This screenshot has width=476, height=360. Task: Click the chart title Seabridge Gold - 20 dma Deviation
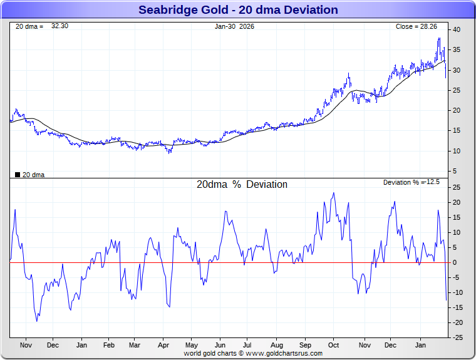pyautogui.click(x=237, y=10)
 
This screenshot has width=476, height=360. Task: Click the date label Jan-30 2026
pyautogui.click(x=234, y=26)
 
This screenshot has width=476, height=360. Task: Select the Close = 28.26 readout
pyautogui.click(x=416, y=26)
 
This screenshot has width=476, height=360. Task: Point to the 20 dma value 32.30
pyautogui.click(x=59, y=26)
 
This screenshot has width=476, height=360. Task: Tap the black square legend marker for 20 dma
pyautogui.click(x=17, y=175)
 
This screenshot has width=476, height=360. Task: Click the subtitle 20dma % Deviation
pyautogui.click(x=242, y=185)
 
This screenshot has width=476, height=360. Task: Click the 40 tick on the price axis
pyautogui.click(x=457, y=29)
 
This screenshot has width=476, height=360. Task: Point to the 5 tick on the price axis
pyautogui.click(x=455, y=171)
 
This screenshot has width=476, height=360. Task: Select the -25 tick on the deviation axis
pyautogui.click(x=458, y=337)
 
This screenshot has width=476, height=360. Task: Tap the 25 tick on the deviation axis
pyautogui.click(x=457, y=187)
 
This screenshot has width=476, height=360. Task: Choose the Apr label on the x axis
pyautogui.click(x=163, y=345)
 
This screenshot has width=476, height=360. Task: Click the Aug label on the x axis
pyautogui.click(x=277, y=345)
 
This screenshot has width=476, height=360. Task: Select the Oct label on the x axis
pyautogui.click(x=333, y=345)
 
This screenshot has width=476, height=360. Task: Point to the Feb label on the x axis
pyautogui.click(x=108, y=345)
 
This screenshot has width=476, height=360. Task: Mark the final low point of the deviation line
pyautogui.click(x=447, y=300)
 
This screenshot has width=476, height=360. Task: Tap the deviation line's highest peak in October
pyautogui.click(x=333, y=193)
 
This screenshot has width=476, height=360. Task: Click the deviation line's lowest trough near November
pyautogui.click(x=36, y=321)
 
